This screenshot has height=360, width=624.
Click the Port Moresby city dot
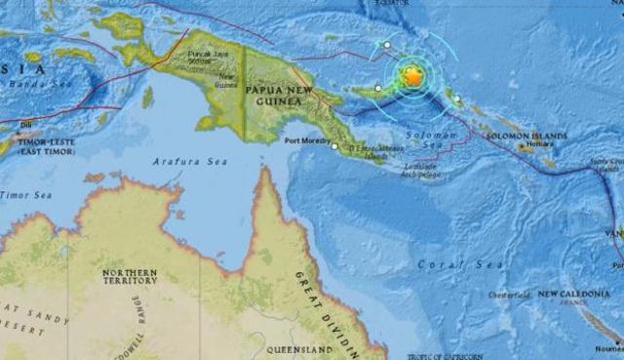pyautogui.click(x=334, y=147)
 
